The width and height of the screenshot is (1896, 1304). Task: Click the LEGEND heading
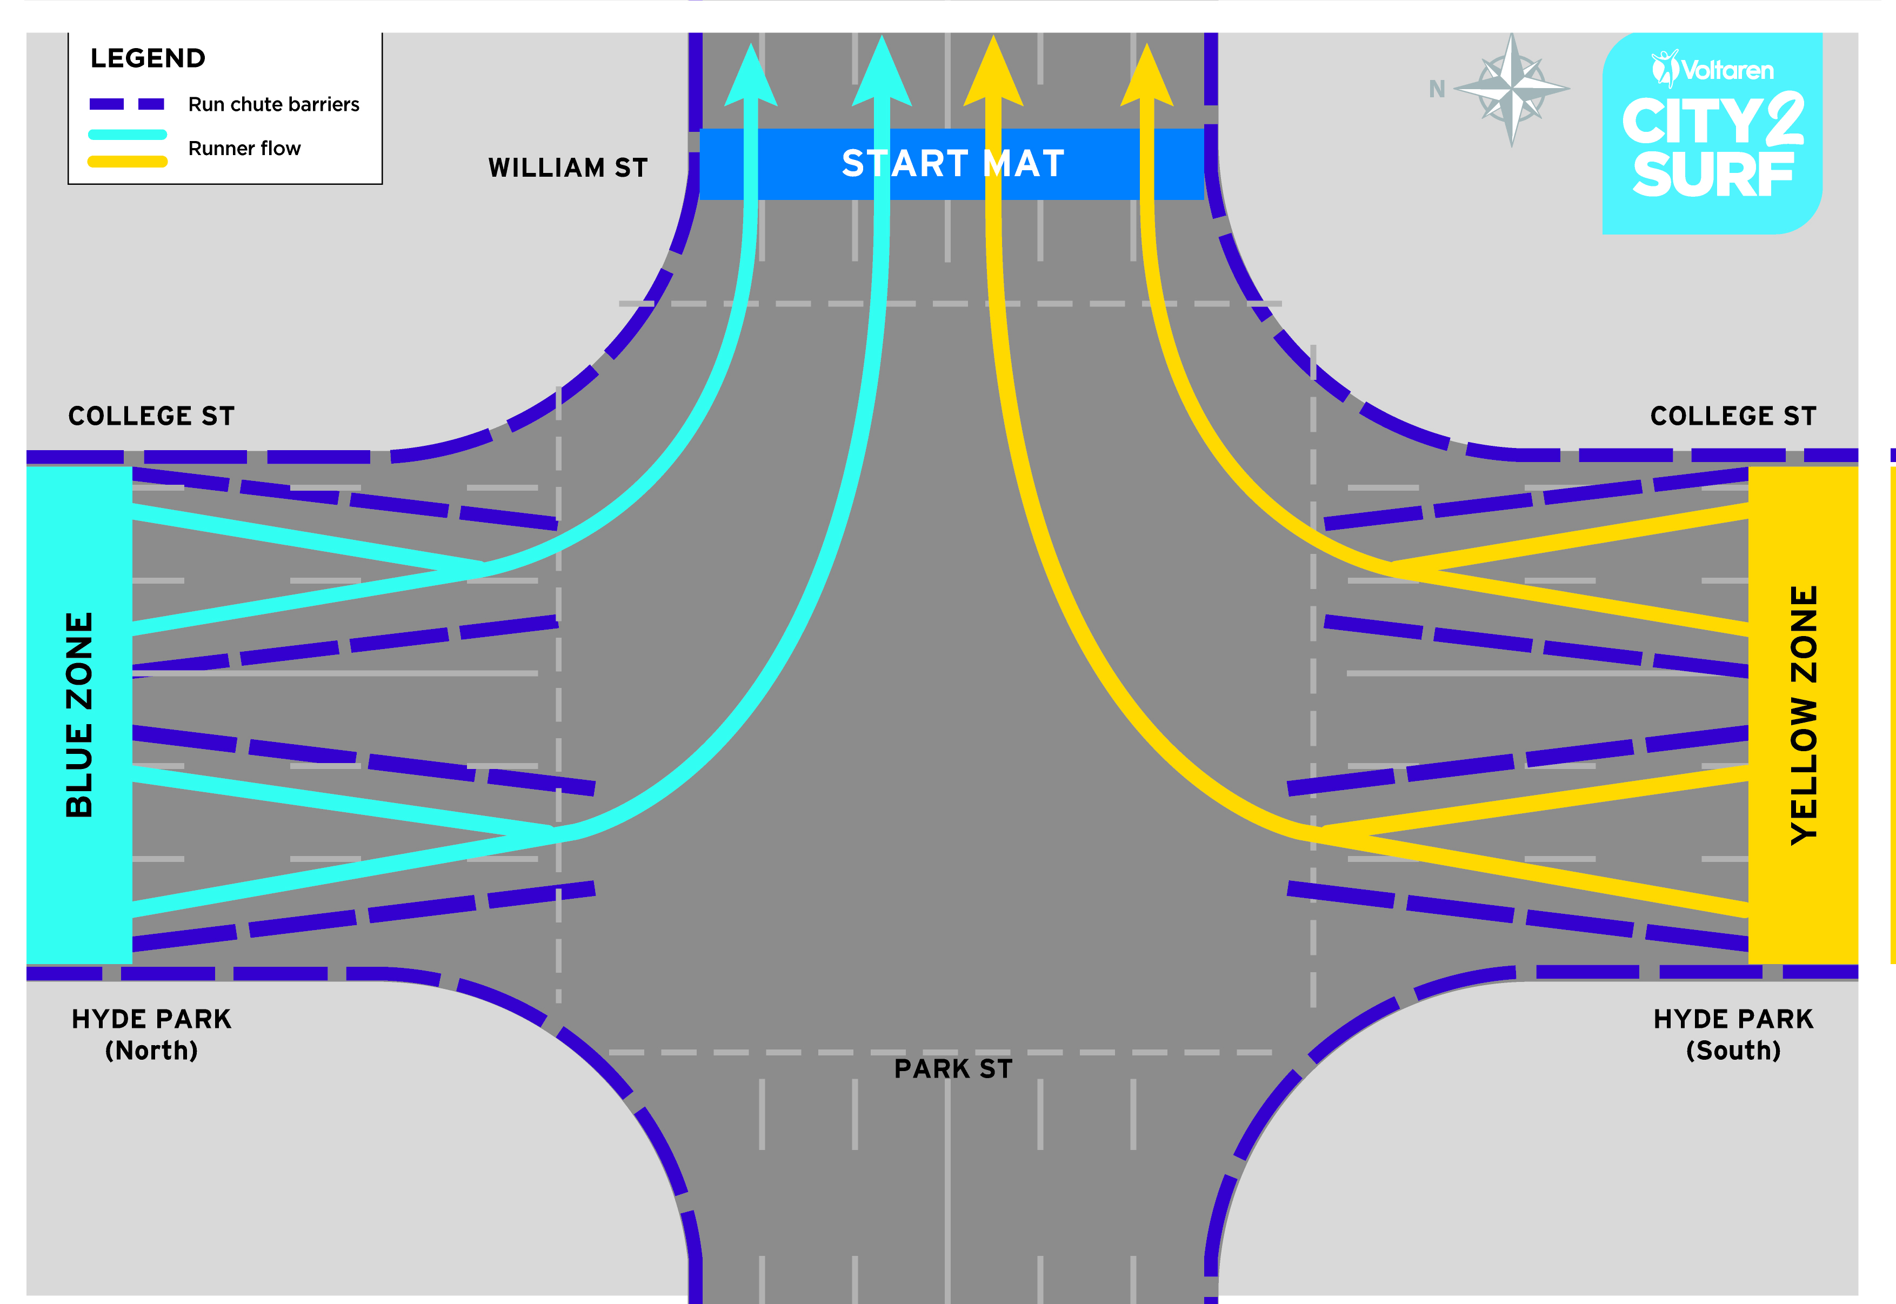[x=148, y=58]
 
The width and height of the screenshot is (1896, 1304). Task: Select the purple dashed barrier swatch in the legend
[x=126, y=104]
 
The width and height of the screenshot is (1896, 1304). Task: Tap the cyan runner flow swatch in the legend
[x=128, y=134]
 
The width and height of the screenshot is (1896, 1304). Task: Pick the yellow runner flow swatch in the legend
[x=128, y=162]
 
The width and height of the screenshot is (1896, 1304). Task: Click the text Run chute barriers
[x=274, y=105]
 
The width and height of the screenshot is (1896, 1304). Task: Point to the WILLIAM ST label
[x=568, y=168]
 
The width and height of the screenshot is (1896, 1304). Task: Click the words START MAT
[x=953, y=163]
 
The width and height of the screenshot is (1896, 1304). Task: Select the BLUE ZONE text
[x=79, y=715]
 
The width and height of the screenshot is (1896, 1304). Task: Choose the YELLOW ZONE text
[x=1804, y=715]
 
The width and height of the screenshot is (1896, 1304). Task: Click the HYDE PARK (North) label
[x=152, y=1034]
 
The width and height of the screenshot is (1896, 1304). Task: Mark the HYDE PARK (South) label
[x=1733, y=1034]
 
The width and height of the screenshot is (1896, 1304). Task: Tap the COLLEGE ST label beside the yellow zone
[x=1733, y=416]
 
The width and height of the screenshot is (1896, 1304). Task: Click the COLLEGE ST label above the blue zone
[x=151, y=416]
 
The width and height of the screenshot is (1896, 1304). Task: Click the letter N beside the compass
[x=1437, y=89]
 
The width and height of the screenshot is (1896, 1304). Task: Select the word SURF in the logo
[x=1713, y=174]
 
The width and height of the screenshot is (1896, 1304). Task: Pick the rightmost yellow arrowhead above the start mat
[x=1146, y=75]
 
